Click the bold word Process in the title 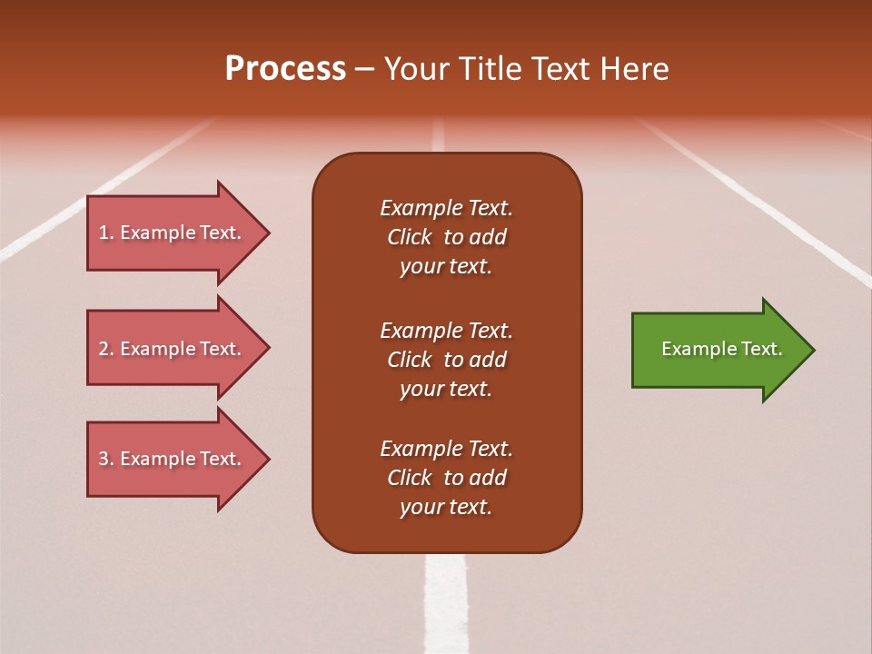[x=285, y=69]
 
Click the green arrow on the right [x=718, y=350]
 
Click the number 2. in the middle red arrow [x=106, y=349]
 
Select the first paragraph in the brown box [x=446, y=237]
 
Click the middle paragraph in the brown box [x=446, y=360]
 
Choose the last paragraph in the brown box [x=446, y=478]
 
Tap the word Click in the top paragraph [x=409, y=237]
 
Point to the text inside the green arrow [x=721, y=349]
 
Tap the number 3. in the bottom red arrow [x=106, y=459]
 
